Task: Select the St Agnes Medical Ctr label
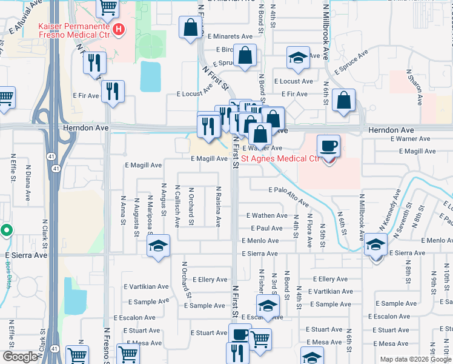280,160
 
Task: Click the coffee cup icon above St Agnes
329,146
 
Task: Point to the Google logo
20,357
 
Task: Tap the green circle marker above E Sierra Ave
6,231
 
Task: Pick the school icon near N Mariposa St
159,246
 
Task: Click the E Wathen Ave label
266,215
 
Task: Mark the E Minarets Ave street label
231,36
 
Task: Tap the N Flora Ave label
309,230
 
